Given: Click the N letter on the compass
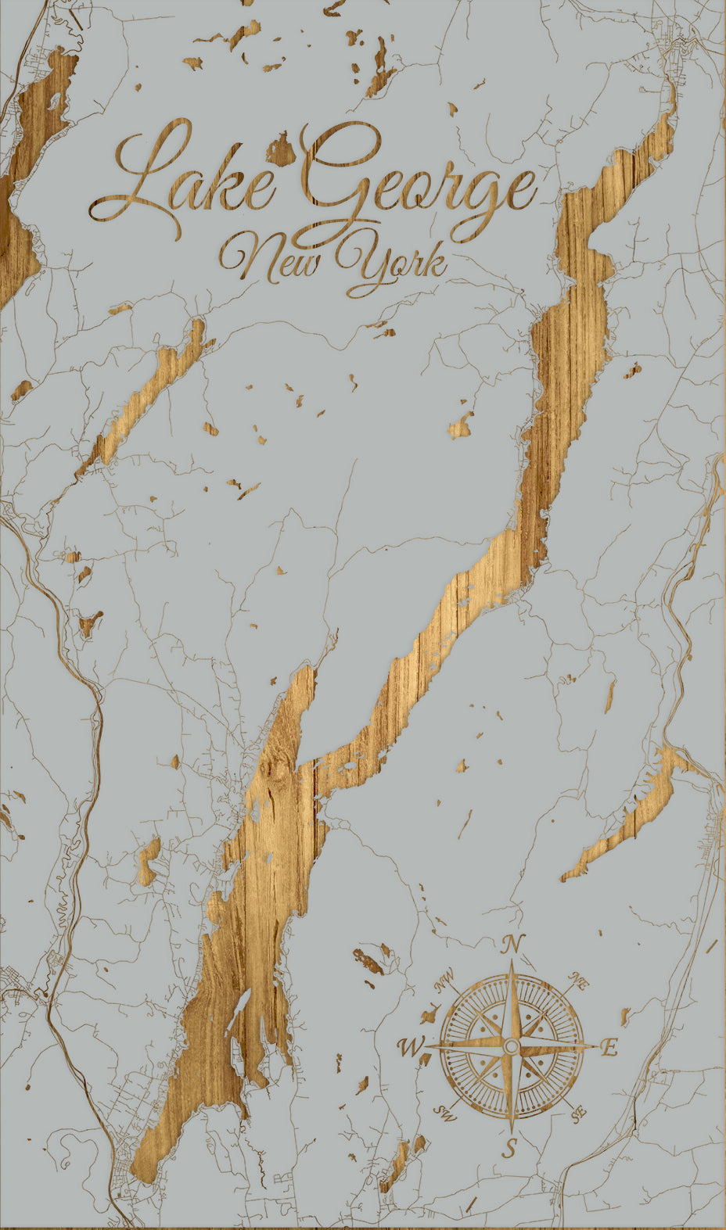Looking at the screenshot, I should pyautogui.click(x=512, y=945).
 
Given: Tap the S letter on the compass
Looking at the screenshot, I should pyautogui.click(x=510, y=1148).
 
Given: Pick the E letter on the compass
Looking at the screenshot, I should pyautogui.click(x=609, y=1048).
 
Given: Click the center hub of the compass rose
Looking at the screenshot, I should pyautogui.click(x=510, y=1046).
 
